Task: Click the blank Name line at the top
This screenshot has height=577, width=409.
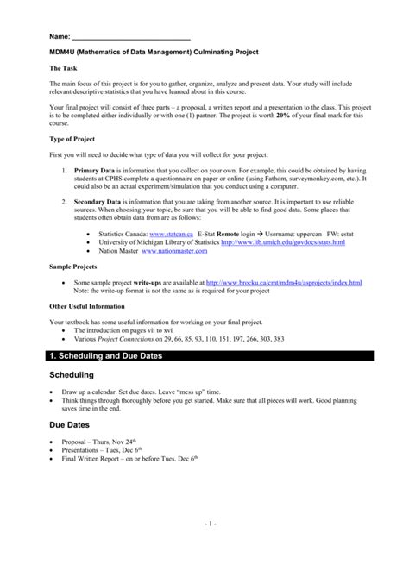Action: (x=129, y=39)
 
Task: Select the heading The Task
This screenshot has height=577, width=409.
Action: (x=65, y=67)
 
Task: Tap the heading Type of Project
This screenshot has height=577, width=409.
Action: (x=74, y=139)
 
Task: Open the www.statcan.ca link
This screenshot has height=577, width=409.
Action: (x=170, y=234)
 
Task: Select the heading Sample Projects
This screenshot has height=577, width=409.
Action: (x=72, y=267)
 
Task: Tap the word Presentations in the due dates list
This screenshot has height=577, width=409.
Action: (x=86, y=449)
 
